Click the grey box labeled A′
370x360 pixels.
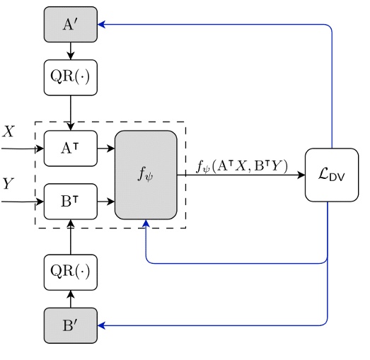point(71,24)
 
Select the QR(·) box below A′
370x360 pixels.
point(71,77)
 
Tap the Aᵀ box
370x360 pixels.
point(71,149)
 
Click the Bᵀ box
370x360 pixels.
point(71,202)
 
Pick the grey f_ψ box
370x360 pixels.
point(146,175)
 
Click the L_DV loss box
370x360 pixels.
point(332,175)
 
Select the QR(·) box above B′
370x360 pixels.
point(71,272)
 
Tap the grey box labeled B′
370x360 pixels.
point(71,325)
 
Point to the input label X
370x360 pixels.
point(8,132)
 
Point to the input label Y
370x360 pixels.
point(8,185)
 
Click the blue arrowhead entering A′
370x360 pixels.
point(102,24)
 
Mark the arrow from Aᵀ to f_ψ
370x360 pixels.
point(106,149)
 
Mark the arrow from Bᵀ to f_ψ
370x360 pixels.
point(106,202)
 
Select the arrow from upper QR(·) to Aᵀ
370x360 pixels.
point(71,113)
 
